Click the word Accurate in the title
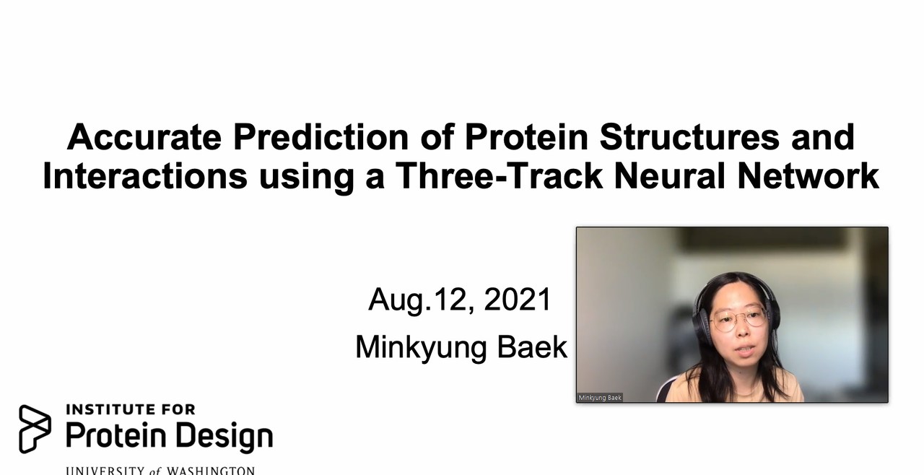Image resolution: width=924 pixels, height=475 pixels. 144,137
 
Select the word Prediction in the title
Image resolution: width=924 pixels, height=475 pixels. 321,137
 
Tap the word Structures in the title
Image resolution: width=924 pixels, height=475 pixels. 689,137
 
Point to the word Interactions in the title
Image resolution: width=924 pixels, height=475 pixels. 145,175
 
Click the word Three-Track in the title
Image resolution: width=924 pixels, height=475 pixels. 499,175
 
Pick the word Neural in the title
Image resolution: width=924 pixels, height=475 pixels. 669,175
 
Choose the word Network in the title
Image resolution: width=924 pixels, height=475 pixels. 808,175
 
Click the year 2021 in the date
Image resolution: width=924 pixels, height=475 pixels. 518,300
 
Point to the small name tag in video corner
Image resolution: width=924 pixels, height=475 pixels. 600,398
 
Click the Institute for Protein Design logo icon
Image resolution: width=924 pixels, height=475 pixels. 35,429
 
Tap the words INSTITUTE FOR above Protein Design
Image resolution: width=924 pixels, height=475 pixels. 131,409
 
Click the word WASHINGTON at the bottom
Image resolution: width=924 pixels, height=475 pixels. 211,471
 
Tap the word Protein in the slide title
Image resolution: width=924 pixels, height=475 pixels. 526,137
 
